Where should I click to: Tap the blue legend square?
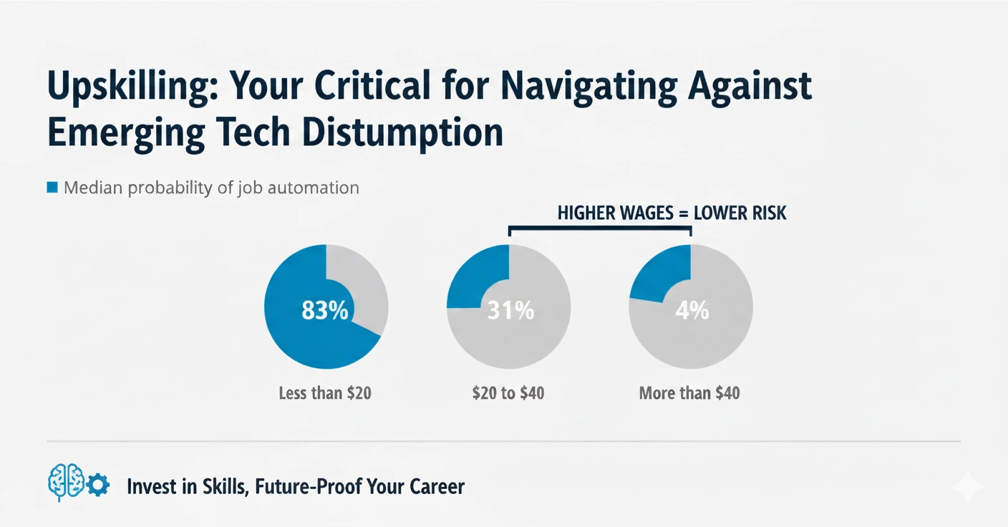(x=52, y=188)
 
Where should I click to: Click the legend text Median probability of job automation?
(x=211, y=188)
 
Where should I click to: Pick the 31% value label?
(x=510, y=311)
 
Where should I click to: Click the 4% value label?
(x=692, y=311)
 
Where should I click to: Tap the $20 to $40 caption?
(x=508, y=393)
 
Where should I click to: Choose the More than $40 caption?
(x=689, y=393)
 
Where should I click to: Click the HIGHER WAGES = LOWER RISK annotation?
(x=672, y=213)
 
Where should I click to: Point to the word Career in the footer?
(x=437, y=487)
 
